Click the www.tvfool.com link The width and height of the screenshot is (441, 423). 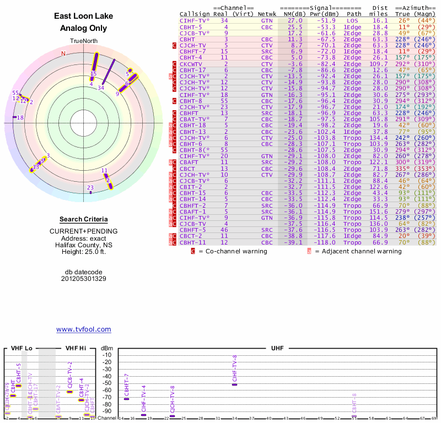(83, 329)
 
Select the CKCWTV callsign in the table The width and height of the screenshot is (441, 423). (191, 64)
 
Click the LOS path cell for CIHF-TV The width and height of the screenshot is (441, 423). (352, 20)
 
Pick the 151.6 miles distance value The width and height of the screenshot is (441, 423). (378, 211)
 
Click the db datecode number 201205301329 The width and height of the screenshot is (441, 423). (83, 279)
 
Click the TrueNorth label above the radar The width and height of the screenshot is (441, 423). (83, 42)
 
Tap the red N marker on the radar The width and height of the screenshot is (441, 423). (63, 53)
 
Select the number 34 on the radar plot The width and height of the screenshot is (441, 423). (101, 88)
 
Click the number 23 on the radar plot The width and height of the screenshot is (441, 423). (90, 188)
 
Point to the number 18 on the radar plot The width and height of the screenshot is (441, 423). (20, 117)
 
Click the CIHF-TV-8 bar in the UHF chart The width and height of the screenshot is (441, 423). (235, 384)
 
